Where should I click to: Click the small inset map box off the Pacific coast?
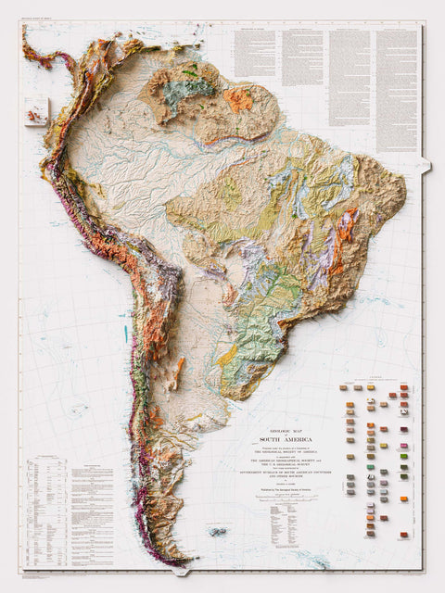coord(36,112)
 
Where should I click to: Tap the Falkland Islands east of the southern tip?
coord(219,532)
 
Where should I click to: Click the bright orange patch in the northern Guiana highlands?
coord(238,99)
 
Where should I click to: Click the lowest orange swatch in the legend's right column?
coord(404,536)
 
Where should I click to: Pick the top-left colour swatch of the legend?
coord(344,388)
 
